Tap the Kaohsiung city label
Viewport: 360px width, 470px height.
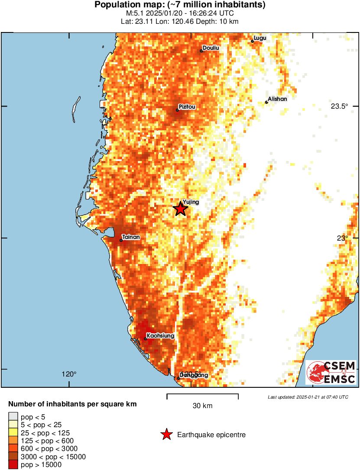(160, 335)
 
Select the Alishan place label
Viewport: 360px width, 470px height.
(277, 99)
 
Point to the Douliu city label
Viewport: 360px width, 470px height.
(211, 48)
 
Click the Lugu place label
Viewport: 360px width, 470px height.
(260, 38)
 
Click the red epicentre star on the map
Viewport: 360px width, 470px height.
(180, 209)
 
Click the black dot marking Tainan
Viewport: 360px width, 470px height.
(121, 240)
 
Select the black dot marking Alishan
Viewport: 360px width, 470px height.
(266, 103)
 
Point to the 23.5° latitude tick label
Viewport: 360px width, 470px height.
(339, 106)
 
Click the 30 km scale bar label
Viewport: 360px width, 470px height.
(202, 406)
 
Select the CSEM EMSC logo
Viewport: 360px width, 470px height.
(331, 372)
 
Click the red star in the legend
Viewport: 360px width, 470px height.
(166, 435)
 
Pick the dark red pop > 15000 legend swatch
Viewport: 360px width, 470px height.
(13, 465)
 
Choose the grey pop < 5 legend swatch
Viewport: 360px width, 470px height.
(13, 417)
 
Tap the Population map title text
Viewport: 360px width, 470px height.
(180, 5)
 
